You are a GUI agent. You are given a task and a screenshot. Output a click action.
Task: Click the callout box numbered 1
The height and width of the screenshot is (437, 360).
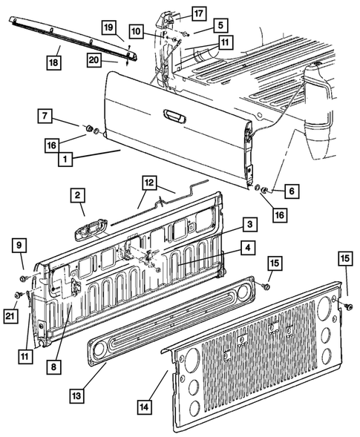67,158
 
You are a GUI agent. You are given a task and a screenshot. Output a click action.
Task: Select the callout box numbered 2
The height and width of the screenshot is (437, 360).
77,197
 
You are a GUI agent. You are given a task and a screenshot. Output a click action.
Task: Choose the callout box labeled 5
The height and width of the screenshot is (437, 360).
220,24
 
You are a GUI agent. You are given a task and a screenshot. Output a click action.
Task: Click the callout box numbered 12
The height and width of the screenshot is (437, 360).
148,183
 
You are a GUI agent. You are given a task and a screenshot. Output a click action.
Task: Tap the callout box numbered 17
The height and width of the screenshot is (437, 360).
198,13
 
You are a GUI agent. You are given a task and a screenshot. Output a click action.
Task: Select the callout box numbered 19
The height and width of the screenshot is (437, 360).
108,29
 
